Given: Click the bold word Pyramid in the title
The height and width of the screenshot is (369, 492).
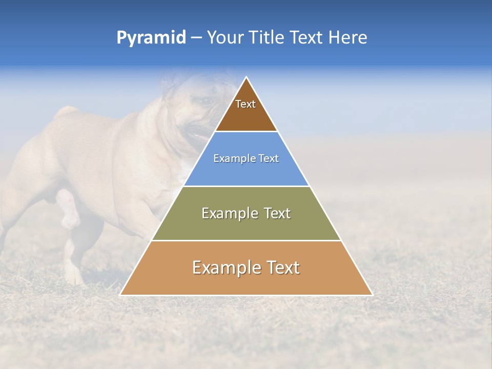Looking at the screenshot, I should [151, 38].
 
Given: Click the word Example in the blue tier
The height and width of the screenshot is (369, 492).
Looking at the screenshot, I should [234, 159].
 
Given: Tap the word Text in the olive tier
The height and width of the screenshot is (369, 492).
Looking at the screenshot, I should [276, 213].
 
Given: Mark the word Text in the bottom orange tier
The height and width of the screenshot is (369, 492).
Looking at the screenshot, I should [282, 268].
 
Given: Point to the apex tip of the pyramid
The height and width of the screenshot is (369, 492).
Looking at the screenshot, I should [247, 78].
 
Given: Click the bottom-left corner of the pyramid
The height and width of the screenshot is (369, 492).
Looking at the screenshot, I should [121, 294].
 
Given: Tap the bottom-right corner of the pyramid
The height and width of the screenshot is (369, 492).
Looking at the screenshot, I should [371, 294].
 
